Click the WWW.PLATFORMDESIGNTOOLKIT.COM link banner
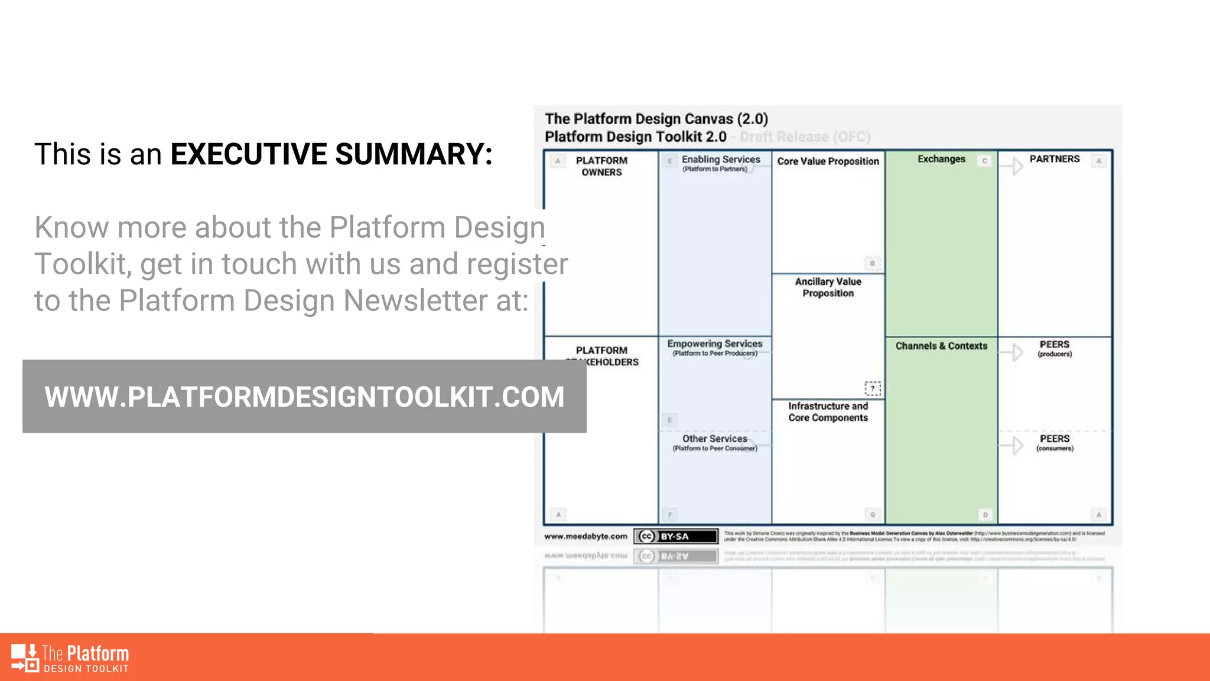(x=304, y=397)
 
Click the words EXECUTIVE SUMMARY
(x=331, y=154)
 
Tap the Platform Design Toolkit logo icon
(x=25, y=658)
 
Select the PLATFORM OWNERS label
(x=601, y=166)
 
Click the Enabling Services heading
(x=721, y=160)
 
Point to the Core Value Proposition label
(x=828, y=161)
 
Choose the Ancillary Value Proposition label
(x=828, y=287)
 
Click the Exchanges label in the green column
(x=941, y=159)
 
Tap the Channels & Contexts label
(x=941, y=346)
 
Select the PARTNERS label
(x=1055, y=159)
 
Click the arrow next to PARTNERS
(x=1017, y=166)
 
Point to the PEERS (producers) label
(x=1055, y=348)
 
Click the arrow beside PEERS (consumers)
(x=1017, y=445)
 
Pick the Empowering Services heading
(x=715, y=344)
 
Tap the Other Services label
(x=715, y=439)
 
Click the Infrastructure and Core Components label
(x=828, y=411)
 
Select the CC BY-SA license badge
(x=676, y=536)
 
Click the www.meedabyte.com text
(x=586, y=536)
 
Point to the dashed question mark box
(x=873, y=388)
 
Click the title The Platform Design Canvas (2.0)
(x=656, y=119)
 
